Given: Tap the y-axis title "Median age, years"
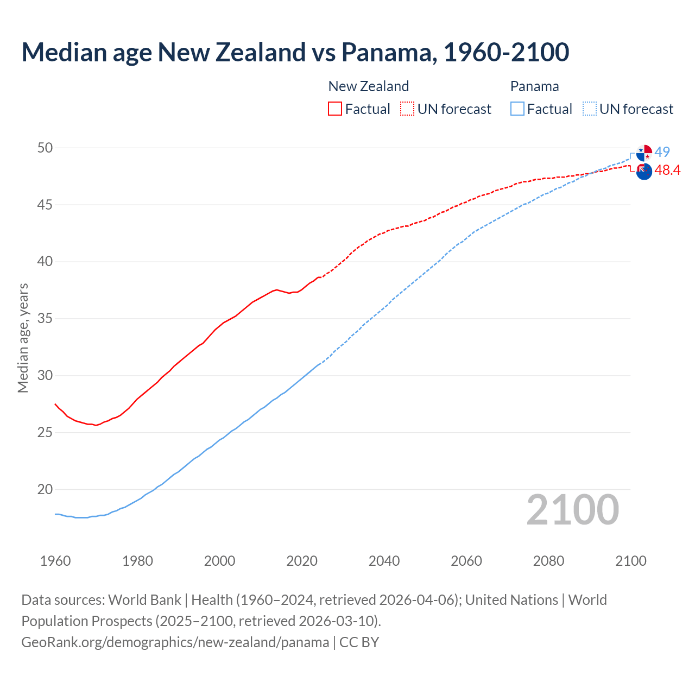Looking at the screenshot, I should pos(23,338).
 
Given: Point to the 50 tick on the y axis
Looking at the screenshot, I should pos(45,148).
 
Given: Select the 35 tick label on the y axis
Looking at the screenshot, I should pos(45,319).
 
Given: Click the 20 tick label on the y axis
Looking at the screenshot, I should pos(45,489).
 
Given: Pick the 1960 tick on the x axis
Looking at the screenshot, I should pos(55,561).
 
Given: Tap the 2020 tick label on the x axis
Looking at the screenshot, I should pos(302,561).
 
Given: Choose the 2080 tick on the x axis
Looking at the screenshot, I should pos(548,561).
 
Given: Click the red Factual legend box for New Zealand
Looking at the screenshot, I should pos(335,109).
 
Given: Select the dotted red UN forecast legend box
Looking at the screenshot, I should pos(407,109).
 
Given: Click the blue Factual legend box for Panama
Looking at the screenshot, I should pos(517,109).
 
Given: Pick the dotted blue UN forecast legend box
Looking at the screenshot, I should pos(590,109).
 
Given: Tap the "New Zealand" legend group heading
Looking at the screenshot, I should pos(369,86).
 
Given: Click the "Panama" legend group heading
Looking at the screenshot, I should pos(534,86).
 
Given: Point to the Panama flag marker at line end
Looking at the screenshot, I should pos(644,153).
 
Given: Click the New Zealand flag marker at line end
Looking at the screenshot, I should pos(644,171).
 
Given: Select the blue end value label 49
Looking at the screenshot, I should pos(662,152).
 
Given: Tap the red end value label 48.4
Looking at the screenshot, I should pos(667,170).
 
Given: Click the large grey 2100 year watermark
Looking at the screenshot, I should pos(572,509).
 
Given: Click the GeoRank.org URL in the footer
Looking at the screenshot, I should pos(175,642).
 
